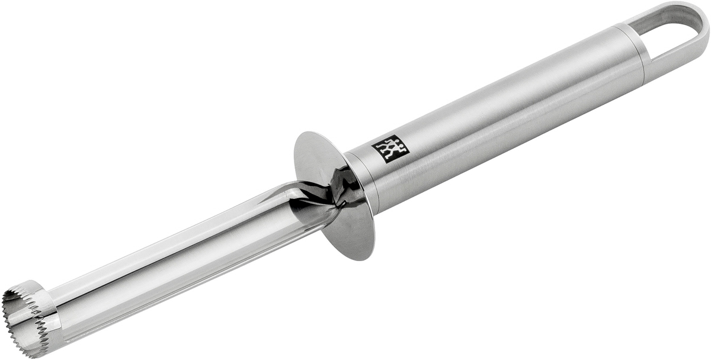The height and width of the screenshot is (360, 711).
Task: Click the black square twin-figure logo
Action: click(390, 149)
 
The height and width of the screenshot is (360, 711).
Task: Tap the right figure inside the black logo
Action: click(396, 146)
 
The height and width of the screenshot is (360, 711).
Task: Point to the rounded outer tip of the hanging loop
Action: click(704, 23)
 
